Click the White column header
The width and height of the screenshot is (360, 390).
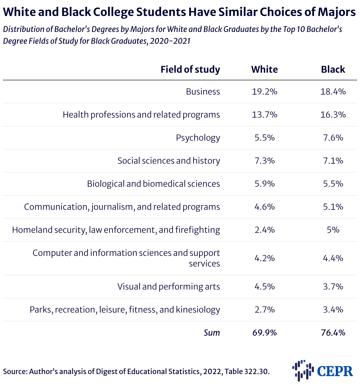pos(264,69)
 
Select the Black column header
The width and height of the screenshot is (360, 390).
pos(333,69)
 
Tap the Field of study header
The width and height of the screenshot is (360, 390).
pos(190,69)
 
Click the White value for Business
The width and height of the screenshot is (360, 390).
pos(264,92)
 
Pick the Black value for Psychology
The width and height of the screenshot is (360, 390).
pos(333,138)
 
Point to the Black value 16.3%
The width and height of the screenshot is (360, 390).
pos(333,115)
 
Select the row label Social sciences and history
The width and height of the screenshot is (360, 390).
pos(169,161)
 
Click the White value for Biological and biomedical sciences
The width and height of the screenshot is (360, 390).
pos(264,184)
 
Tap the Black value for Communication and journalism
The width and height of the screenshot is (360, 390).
pos(333,207)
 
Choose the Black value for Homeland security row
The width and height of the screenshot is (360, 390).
pos(333,230)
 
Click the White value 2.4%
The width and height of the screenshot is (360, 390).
pos(264,230)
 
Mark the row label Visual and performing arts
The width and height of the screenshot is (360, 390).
pos(169,287)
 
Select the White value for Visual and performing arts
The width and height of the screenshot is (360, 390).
pos(264,287)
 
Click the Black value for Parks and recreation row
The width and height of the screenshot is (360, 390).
pos(333,310)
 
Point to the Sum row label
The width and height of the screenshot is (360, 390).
pos(212,333)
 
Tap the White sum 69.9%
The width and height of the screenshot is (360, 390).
pos(264,333)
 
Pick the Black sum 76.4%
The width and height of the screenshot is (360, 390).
pos(333,333)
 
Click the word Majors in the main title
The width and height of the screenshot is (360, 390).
pos(337,12)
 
